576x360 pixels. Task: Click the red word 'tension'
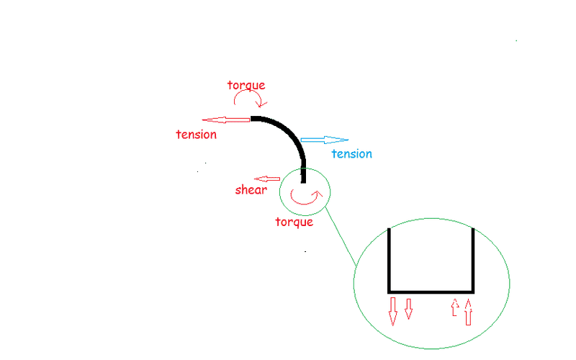(x=196, y=135)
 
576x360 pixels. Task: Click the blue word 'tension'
(x=351, y=153)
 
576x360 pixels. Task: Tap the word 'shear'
(x=251, y=190)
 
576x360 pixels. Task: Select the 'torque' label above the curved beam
(x=246, y=85)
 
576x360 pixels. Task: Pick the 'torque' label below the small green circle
(x=294, y=221)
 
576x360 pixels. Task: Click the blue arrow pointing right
(x=324, y=140)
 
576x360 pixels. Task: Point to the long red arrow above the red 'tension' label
(x=227, y=120)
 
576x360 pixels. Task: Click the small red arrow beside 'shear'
(x=268, y=179)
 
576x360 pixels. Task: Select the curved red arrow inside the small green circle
(x=304, y=197)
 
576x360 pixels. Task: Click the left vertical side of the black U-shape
(x=390, y=259)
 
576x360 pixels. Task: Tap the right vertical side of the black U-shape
(x=473, y=259)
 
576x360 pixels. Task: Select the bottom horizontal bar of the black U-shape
(x=431, y=291)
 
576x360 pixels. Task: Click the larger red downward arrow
(x=393, y=310)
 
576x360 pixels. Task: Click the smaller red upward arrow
(x=454, y=307)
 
